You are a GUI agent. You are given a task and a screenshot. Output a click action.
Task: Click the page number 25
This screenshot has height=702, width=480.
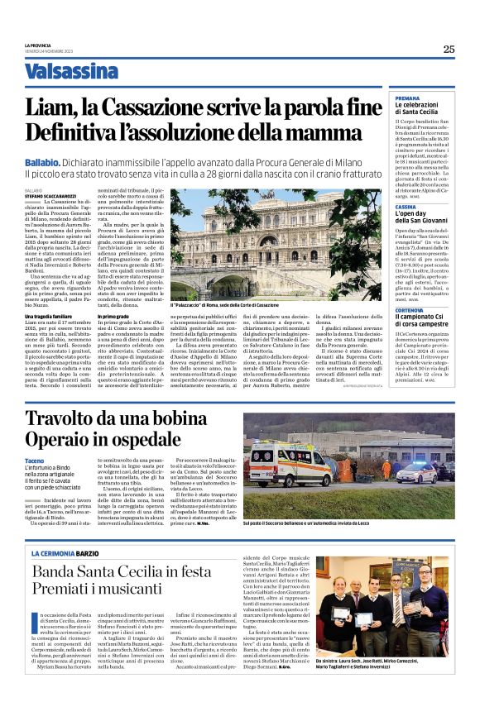point(449,49)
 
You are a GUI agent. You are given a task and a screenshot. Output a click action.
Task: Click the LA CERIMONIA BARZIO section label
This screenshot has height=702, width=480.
point(65,552)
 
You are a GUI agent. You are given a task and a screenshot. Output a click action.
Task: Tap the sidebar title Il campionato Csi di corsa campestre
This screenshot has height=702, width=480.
point(431,321)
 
